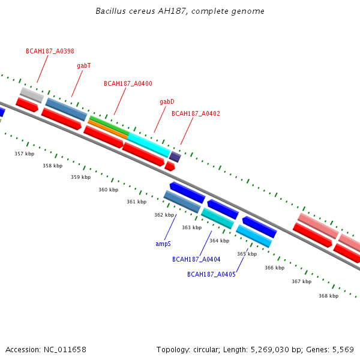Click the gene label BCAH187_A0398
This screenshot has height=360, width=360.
pos(50,51)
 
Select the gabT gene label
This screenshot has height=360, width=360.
pos(83,65)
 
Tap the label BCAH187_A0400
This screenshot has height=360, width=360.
pos(128,83)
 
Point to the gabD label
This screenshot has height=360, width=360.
pos(167,101)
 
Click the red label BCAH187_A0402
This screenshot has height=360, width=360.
pos(196,113)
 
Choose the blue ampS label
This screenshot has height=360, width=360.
pos(163,244)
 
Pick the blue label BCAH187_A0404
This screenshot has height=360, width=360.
pos(196,259)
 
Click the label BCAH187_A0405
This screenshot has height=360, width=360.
pos(211,274)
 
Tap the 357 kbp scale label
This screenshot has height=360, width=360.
pos(24,154)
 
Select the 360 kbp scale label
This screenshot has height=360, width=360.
pos(108,190)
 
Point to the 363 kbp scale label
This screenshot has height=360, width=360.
pos(191,227)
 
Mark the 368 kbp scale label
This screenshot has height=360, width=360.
pos(328,296)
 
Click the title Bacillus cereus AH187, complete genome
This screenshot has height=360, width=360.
pos(180,11)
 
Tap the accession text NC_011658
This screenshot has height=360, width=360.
pos(65,349)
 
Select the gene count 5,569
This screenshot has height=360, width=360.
pos(343,349)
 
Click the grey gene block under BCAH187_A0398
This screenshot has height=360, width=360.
pos(32,95)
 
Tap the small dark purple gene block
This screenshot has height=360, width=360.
pos(175,157)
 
